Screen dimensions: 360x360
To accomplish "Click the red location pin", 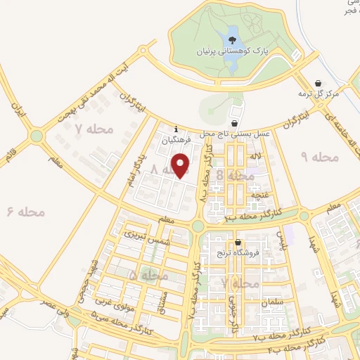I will click(x=181, y=165).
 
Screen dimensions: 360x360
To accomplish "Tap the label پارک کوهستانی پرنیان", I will click(x=233, y=51).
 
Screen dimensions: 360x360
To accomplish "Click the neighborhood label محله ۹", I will click(x=319, y=157).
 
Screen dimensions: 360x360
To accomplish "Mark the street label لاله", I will click(x=255, y=156).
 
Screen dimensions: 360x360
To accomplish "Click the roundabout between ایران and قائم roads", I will click(x=36, y=135).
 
